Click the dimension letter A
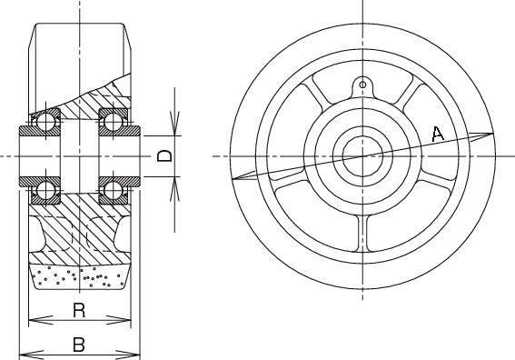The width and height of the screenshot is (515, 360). (x=438, y=134)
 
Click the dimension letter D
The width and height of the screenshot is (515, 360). (x=164, y=155)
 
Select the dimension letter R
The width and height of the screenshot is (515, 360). (x=79, y=310)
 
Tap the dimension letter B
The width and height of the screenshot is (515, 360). (x=79, y=345)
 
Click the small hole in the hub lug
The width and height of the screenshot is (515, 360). (x=362, y=85)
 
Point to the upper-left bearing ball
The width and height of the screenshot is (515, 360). (x=45, y=122)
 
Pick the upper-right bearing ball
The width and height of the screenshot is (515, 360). (x=114, y=122)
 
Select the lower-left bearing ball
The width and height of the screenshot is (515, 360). (x=45, y=190)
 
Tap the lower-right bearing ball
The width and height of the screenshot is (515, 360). (x=114, y=190)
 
